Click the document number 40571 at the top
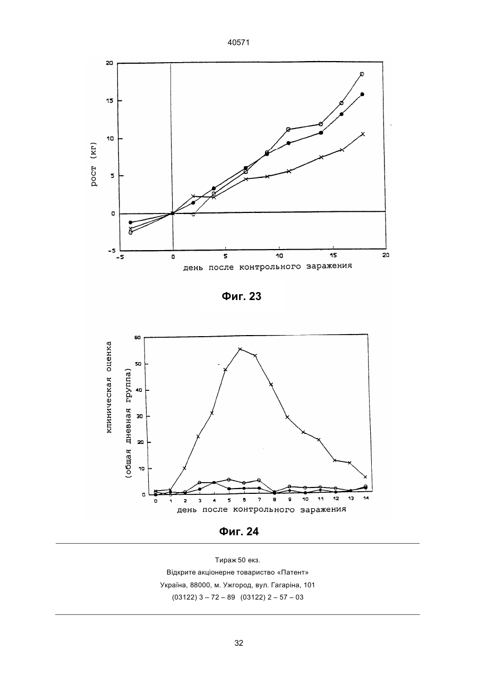238,42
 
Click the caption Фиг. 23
242,296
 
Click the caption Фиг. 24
238,531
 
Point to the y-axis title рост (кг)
94,164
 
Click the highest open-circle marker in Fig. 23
362,74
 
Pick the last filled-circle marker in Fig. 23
362,94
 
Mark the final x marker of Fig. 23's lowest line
363,134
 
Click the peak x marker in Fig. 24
240,349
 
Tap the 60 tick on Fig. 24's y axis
138,337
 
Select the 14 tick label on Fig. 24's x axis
366,498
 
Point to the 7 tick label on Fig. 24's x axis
259,500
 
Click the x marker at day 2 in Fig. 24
184,468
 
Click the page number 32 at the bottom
238,643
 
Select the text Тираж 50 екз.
237,560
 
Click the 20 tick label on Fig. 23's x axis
386,255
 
